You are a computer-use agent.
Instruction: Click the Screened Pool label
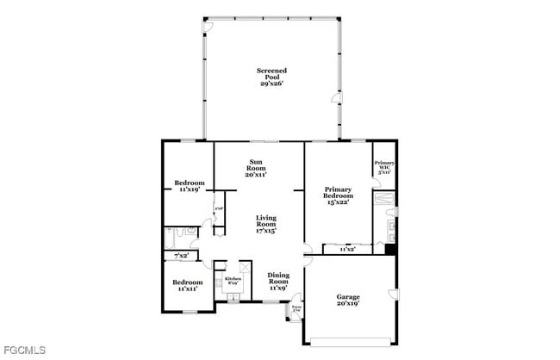pos(271,77)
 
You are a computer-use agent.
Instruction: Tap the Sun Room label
pos(256,168)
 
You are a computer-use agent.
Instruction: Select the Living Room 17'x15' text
pos(264,225)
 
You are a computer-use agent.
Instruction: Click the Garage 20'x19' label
pos(348,301)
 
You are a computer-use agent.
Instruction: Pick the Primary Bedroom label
pos(339,196)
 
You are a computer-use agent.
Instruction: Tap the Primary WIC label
pos(384,167)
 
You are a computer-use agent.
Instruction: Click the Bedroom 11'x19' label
pos(189,185)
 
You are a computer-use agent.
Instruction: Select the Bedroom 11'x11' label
pos(187,285)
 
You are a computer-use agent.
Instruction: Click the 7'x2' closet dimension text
pos(182,256)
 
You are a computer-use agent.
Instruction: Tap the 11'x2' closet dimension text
pos(347,249)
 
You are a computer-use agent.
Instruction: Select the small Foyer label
pos(296,307)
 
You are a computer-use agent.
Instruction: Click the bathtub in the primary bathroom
pos(384,204)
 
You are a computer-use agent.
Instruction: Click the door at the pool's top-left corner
pos(205,28)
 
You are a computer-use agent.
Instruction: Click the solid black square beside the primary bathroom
pos(389,250)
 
